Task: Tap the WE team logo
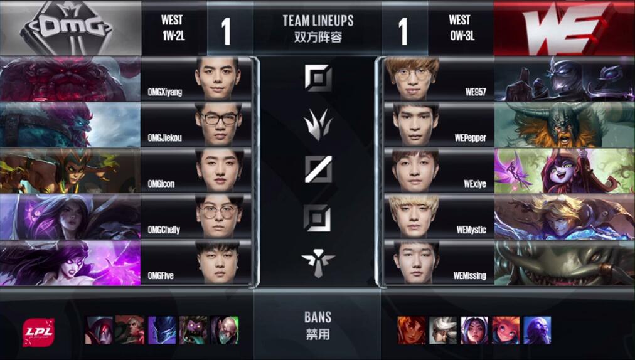pos(563,28)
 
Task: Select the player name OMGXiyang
pos(165,92)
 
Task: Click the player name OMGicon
pos(163,184)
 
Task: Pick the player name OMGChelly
pos(164,230)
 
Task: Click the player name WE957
pos(474,92)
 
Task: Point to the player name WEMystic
pos(471,230)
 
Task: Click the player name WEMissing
pos(469,275)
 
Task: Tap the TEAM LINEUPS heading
pos(317,21)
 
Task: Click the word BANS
pos(317,317)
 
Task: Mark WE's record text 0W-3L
pos(461,35)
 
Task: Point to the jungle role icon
pos(317,124)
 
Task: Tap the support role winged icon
pos(317,258)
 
